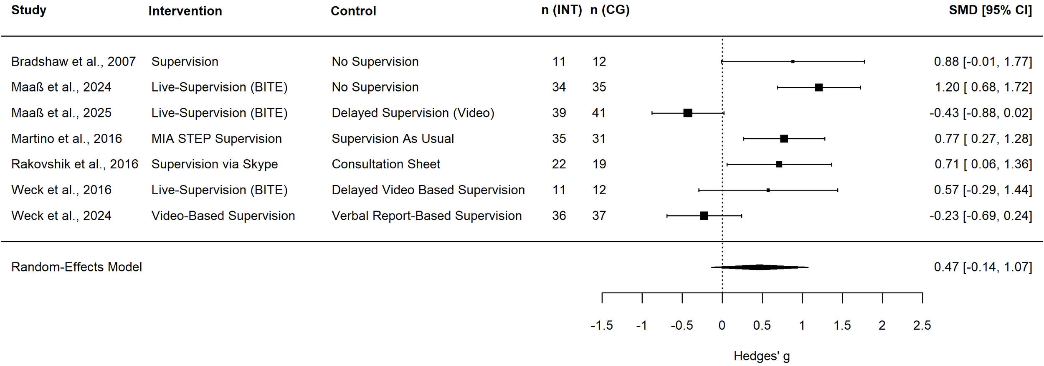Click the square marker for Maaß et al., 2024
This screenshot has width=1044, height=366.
point(818,87)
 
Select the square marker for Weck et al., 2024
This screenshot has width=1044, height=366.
point(704,216)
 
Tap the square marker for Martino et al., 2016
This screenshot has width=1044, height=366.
point(784,139)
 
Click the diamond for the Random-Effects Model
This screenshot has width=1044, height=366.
point(760,267)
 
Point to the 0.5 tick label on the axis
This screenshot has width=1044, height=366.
point(762,325)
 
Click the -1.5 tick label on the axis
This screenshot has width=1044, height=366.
point(601,325)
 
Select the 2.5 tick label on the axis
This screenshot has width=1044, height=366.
point(922,325)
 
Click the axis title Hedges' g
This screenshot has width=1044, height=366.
point(762,356)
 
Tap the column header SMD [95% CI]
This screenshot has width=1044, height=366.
point(990,10)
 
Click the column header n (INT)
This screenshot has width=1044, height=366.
point(561,10)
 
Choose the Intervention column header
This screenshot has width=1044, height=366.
point(185,11)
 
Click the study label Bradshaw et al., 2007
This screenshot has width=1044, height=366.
point(73,62)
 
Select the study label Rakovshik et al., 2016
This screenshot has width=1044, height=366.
point(75,164)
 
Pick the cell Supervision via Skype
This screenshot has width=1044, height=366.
point(215,164)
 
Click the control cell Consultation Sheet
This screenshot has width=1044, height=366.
point(386,164)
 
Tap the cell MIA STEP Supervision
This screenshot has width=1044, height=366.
point(216,139)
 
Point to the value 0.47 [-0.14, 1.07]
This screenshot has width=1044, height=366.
point(983,267)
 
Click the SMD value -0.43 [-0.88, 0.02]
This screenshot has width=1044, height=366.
point(981,113)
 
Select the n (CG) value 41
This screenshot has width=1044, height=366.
point(599,113)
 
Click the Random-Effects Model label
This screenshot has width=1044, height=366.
point(76,267)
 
